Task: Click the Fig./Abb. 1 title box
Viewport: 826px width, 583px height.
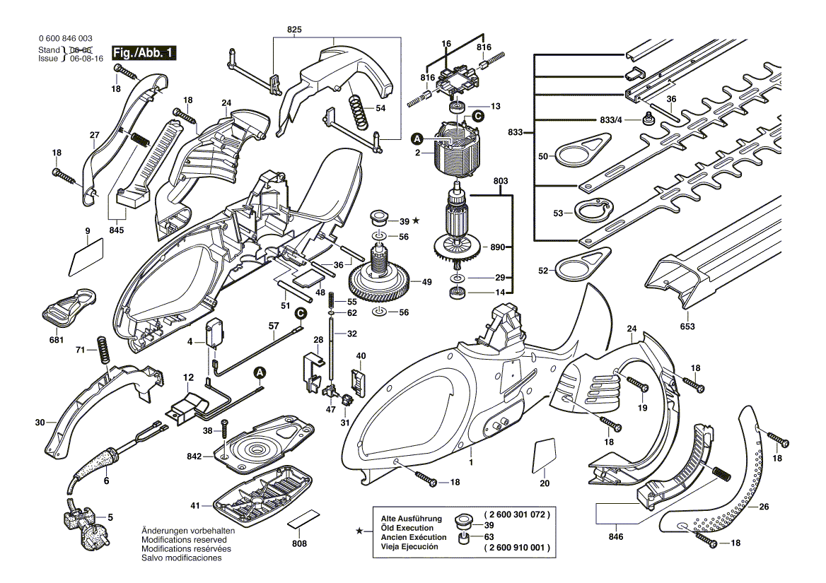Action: (x=144, y=54)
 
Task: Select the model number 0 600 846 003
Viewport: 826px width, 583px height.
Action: (x=65, y=39)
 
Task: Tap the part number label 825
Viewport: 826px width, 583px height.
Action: (x=294, y=29)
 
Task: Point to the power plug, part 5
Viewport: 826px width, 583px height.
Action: (x=83, y=519)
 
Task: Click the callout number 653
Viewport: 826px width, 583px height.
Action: (x=687, y=326)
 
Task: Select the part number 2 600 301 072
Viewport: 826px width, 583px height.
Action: (x=516, y=515)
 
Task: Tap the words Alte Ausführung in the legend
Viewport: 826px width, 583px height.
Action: (x=411, y=519)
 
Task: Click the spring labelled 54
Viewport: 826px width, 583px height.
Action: (x=359, y=112)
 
